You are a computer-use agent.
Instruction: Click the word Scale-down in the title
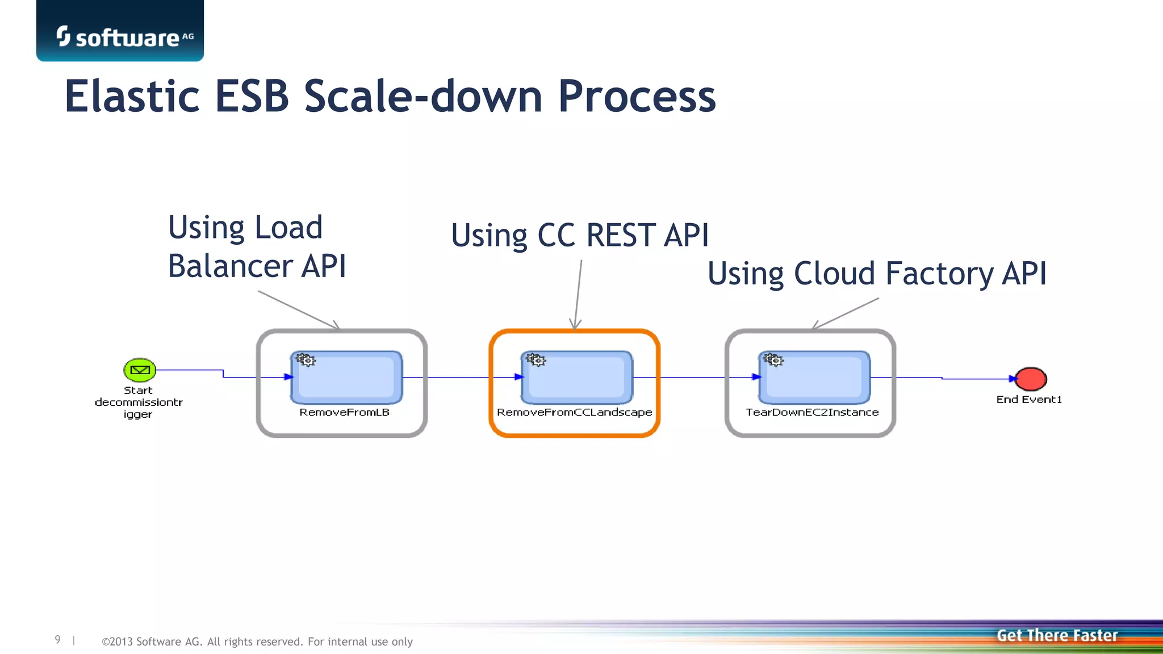[x=423, y=97]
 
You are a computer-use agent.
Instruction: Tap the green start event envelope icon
[x=140, y=370]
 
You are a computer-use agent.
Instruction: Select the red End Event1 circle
[x=1031, y=379]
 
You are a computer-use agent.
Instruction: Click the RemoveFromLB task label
[x=344, y=412]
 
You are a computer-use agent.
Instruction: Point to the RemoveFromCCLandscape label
[x=574, y=412]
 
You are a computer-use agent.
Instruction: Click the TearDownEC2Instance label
[x=812, y=412]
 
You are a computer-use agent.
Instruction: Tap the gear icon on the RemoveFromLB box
[x=306, y=360]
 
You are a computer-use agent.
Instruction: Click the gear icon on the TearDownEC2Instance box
[x=773, y=360]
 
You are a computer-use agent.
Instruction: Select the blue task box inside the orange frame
[x=576, y=378]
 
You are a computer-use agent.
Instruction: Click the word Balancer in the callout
[x=230, y=266]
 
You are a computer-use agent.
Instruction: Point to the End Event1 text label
[x=1029, y=400]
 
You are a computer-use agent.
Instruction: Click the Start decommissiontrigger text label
[x=139, y=402]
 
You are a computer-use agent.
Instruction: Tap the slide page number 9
[x=57, y=640]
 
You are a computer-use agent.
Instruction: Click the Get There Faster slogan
[x=1057, y=635]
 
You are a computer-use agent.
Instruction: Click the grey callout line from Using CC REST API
[x=579, y=292]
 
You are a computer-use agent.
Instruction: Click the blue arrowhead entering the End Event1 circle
[x=1013, y=379]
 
